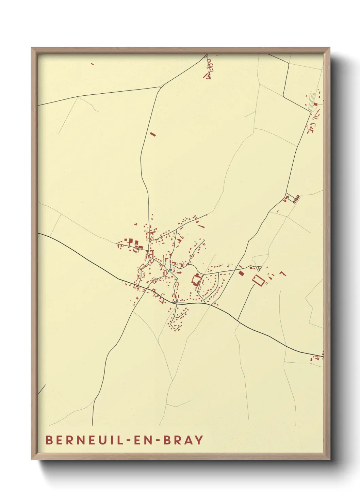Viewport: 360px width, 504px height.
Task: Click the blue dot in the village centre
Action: [x=170, y=270]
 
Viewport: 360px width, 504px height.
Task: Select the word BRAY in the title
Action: [x=184, y=440]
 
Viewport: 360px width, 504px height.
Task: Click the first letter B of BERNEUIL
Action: [x=49, y=440]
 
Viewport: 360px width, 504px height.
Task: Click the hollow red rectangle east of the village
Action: [x=259, y=280]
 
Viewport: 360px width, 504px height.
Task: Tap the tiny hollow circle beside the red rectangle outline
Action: [x=266, y=283]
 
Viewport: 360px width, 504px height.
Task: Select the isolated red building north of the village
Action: [x=153, y=134]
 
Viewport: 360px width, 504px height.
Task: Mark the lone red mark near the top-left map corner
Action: [x=92, y=63]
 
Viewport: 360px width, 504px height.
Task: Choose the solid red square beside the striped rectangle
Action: [x=316, y=104]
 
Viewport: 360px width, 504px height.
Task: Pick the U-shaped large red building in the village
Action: [x=196, y=280]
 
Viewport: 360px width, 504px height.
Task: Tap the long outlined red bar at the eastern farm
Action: [x=296, y=198]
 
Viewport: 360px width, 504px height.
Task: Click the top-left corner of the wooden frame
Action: [x=32, y=48]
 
